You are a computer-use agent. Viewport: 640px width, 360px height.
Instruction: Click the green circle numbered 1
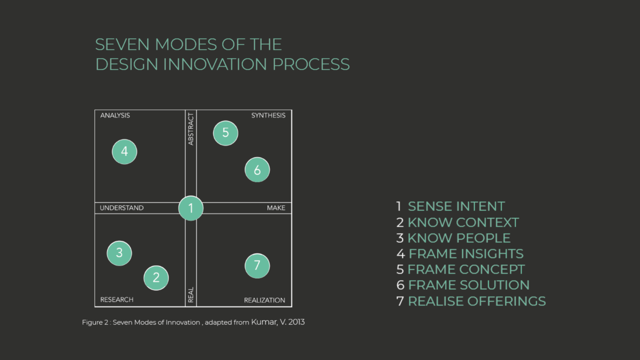click(x=191, y=208)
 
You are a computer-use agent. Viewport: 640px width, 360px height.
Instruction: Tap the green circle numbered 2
click(x=156, y=278)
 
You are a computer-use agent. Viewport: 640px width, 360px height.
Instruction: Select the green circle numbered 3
click(x=120, y=253)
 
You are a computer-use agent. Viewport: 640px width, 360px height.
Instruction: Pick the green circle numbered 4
click(x=125, y=152)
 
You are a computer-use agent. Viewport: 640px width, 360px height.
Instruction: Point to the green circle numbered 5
click(x=226, y=133)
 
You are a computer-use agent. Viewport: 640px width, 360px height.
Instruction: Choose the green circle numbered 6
click(x=257, y=170)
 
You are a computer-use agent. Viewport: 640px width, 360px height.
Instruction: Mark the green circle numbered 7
click(x=257, y=266)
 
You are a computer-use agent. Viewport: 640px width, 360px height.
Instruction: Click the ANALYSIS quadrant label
click(x=115, y=116)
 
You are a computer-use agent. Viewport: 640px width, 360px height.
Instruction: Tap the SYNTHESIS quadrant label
click(x=268, y=116)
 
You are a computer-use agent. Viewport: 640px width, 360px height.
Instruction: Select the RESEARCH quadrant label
click(x=117, y=300)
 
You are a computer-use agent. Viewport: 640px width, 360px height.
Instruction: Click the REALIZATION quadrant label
click(x=264, y=300)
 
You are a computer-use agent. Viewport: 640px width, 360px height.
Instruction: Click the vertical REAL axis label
click(x=191, y=295)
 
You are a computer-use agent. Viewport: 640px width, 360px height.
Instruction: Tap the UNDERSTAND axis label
click(x=121, y=208)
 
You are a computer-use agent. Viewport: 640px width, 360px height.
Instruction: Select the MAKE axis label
click(x=276, y=208)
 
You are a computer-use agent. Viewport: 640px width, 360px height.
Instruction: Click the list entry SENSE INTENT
click(x=456, y=206)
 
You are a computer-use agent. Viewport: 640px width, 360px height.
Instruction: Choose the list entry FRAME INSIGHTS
click(x=466, y=254)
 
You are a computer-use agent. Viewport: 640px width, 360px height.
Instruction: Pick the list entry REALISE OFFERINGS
click(x=476, y=301)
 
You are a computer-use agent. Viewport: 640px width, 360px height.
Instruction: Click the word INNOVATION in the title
click(x=215, y=64)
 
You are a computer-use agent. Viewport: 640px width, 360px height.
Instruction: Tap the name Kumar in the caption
click(x=264, y=322)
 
